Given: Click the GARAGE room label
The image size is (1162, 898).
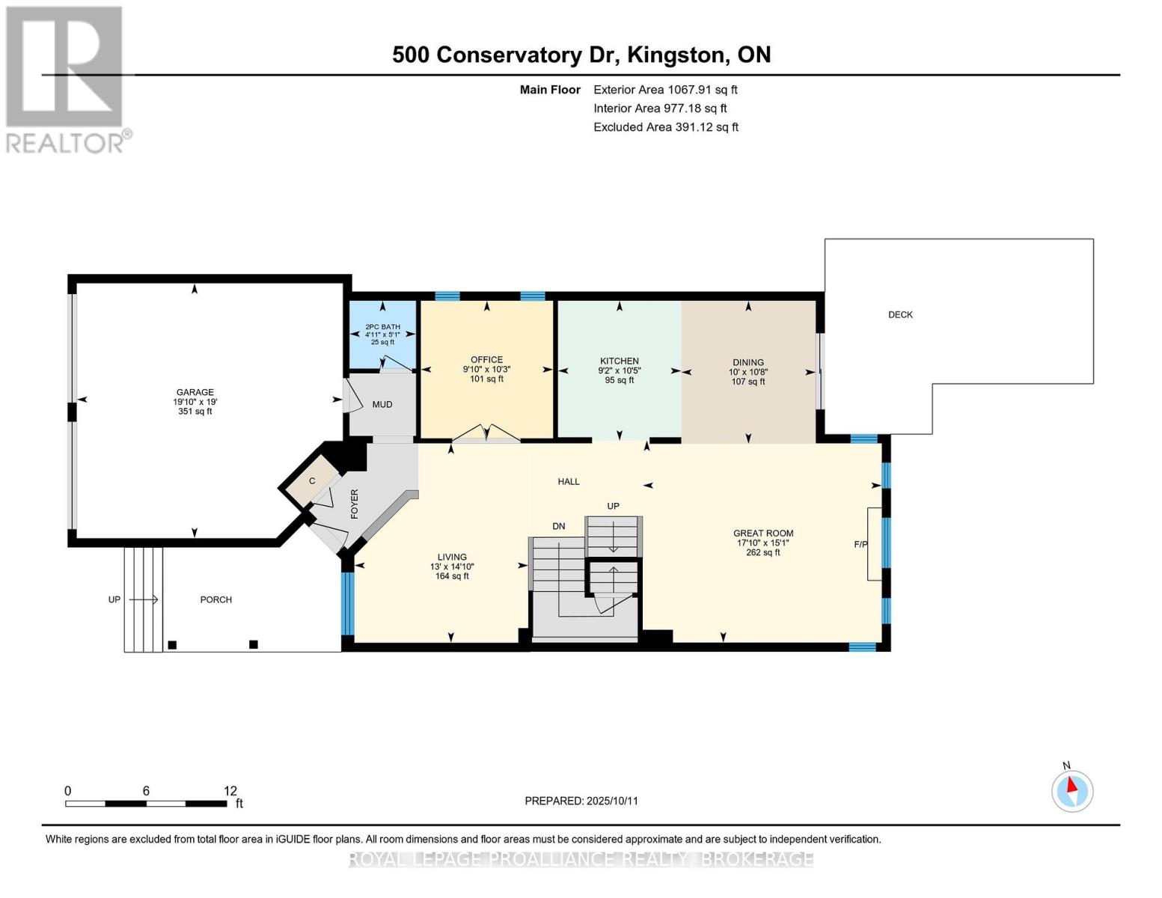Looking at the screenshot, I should pyautogui.click(x=195, y=392).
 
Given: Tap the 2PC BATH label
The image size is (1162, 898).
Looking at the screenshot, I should pyautogui.click(x=382, y=327).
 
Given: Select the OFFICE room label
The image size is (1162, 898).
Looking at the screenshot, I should pyautogui.click(x=486, y=360).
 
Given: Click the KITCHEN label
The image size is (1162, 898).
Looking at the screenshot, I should pyautogui.click(x=619, y=361).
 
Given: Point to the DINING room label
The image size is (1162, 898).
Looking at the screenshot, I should pyautogui.click(x=748, y=362).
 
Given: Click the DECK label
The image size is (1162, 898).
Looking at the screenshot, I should pyautogui.click(x=900, y=315).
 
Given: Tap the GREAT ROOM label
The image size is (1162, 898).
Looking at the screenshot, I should pyautogui.click(x=763, y=534).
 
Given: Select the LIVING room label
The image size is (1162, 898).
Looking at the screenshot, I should pyautogui.click(x=452, y=558).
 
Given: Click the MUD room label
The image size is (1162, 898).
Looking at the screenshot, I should pyautogui.click(x=382, y=405).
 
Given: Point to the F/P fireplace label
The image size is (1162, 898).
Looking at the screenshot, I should pyautogui.click(x=860, y=544).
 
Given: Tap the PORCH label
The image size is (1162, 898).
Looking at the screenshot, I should pyautogui.click(x=216, y=600).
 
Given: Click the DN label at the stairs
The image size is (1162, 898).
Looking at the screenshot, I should pyautogui.click(x=559, y=527).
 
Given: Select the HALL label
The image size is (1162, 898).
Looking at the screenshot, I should pyautogui.click(x=569, y=482).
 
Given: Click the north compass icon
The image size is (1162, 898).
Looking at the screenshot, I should pyautogui.click(x=1072, y=790).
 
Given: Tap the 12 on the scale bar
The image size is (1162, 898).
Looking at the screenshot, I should pyautogui.click(x=230, y=791).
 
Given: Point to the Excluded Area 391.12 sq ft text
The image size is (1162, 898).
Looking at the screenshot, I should pyautogui.click(x=666, y=127).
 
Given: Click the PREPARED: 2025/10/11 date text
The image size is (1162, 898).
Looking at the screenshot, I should pyautogui.click(x=581, y=801).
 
